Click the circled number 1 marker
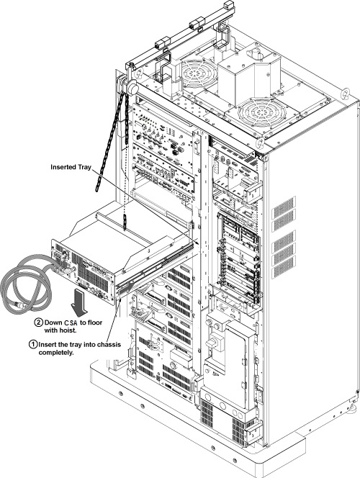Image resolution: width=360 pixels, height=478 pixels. [x=33, y=345]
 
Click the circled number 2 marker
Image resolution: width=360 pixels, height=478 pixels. [x=40, y=323]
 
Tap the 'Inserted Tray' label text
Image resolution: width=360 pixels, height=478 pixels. [x=71, y=167]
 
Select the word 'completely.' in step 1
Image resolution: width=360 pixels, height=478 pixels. [x=56, y=353]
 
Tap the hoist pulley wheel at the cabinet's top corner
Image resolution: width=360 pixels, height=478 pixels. [x=132, y=89]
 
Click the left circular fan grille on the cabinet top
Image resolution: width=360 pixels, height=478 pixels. [x=199, y=73]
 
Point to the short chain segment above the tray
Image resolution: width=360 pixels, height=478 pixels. [x=124, y=222]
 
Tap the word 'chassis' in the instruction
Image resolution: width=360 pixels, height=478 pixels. [x=109, y=345]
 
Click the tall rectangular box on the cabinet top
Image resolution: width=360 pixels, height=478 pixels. [x=235, y=80]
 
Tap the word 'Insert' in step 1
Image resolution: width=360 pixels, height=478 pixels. [x=48, y=345]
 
